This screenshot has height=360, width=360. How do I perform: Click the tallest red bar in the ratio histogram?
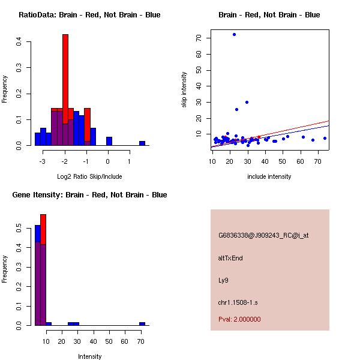(65, 78)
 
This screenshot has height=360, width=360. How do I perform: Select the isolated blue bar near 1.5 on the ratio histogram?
(142, 143)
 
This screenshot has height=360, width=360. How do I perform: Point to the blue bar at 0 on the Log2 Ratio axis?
(109, 142)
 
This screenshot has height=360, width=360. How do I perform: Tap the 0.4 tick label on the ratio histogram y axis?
(19, 41)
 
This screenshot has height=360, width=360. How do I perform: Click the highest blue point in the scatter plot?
(234, 34)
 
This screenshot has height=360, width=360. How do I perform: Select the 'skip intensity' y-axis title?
(185, 90)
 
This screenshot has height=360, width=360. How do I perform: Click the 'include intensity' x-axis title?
(269, 176)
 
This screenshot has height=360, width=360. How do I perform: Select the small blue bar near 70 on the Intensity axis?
(142, 323)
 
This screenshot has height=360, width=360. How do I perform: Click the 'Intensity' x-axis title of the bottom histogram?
(89, 356)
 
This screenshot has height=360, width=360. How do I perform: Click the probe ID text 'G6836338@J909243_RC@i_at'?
(263, 236)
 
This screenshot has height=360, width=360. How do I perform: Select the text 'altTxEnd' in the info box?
(230, 258)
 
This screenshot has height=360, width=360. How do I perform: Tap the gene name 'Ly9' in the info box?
(223, 280)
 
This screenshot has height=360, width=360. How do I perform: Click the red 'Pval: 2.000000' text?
(239, 319)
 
